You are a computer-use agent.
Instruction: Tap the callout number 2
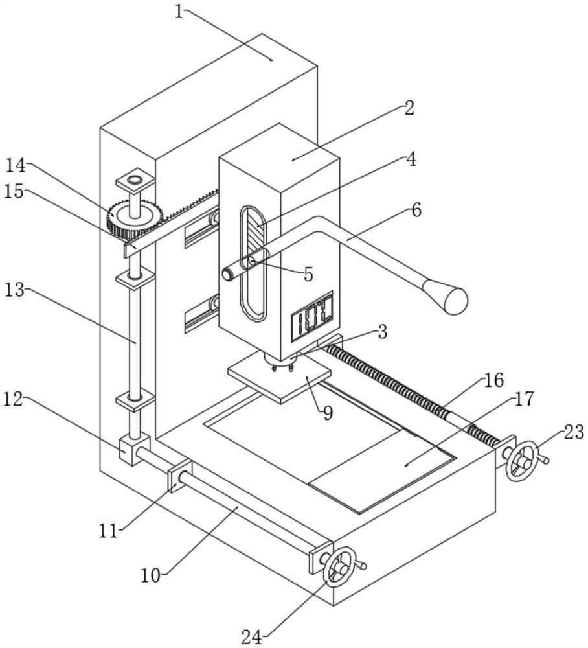pyautogui.click(x=409, y=108)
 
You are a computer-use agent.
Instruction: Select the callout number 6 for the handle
pyautogui.click(x=416, y=210)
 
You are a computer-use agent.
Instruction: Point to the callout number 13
pyautogui.click(x=14, y=290)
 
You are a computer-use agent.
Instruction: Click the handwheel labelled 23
pyautogui.click(x=521, y=461)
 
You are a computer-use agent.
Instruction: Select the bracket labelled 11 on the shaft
pyautogui.click(x=179, y=478)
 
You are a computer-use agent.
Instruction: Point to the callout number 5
pyautogui.click(x=308, y=274)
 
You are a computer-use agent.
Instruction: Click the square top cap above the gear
pyautogui.click(x=135, y=178)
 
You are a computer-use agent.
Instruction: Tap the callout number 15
pyautogui.click(x=14, y=192)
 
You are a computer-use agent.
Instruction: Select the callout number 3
pyautogui.click(x=382, y=332)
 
